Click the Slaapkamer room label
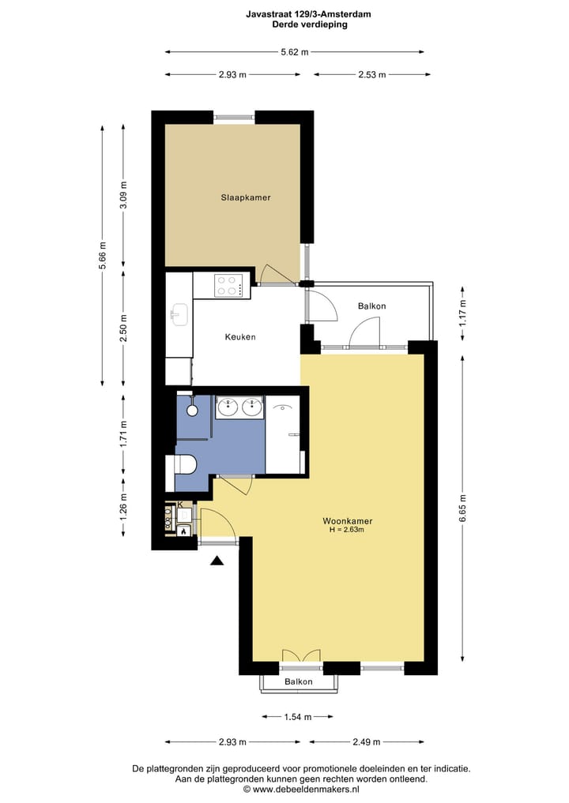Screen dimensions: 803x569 [245, 197]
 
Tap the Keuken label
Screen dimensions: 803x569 [239, 337]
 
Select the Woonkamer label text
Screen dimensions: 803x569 [347, 521]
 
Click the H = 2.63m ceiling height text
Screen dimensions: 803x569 [347, 531]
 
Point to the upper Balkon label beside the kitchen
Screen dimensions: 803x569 [371, 306]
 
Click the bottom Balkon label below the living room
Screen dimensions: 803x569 [299, 681]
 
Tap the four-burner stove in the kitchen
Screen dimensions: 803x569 [228, 285]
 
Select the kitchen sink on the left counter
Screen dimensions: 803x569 [178, 314]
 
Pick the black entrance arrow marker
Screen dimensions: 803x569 [217, 561]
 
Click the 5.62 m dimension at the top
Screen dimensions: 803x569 [294, 52]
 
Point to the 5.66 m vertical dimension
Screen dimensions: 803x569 [102, 255]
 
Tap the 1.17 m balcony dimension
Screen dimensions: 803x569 [463, 308]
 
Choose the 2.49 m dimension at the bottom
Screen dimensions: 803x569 [367, 742]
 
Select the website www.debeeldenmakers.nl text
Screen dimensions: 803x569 [301, 789]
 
